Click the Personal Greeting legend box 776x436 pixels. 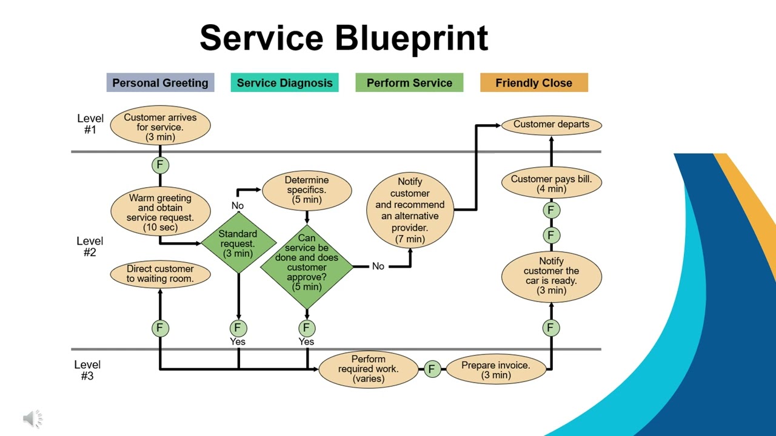click(x=160, y=83)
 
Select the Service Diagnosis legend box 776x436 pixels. click(x=284, y=83)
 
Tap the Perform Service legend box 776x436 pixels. click(x=409, y=83)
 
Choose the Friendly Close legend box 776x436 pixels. click(x=533, y=83)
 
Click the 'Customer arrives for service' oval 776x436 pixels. click(x=160, y=127)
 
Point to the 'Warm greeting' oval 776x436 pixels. click(x=160, y=212)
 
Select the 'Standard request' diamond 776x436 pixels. click(x=238, y=243)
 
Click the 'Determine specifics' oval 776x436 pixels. click(x=307, y=190)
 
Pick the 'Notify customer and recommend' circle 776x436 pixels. click(x=410, y=210)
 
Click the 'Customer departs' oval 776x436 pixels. click(x=551, y=125)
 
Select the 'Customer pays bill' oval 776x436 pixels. click(x=551, y=183)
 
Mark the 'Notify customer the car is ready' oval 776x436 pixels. click(x=551, y=276)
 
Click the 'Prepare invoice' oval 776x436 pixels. click(x=496, y=369)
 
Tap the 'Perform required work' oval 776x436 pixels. click(x=368, y=369)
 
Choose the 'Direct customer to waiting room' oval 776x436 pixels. click(x=160, y=274)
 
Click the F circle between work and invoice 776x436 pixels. click(x=432, y=369)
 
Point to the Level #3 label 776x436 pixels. click(x=87, y=370)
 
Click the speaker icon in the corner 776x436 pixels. click(x=33, y=418)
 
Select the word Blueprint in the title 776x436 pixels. click(x=411, y=38)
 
